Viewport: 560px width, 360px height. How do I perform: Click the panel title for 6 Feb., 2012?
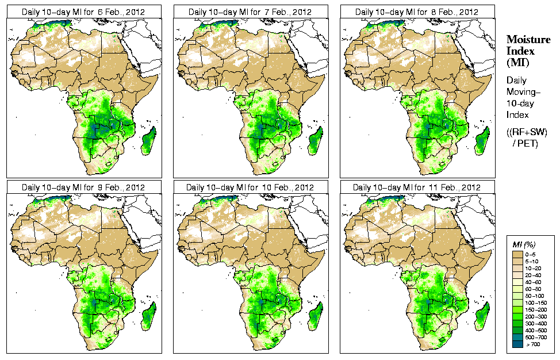(x=83, y=12)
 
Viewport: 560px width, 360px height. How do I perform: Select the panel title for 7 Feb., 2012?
(x=250, y=12)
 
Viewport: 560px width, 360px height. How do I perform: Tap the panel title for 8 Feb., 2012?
(x=417, y=12)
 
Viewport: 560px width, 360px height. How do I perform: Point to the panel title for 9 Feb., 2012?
(x=83, y=187)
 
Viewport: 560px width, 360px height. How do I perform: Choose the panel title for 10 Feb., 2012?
(x=250, y=187)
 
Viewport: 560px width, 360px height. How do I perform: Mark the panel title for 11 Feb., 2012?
(x=417, y=187)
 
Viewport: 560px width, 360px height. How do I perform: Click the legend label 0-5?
(x=532, y=254)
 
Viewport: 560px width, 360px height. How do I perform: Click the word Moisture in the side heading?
(x=528, y=39)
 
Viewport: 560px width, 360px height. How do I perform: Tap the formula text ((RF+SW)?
(x=527, y=132)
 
